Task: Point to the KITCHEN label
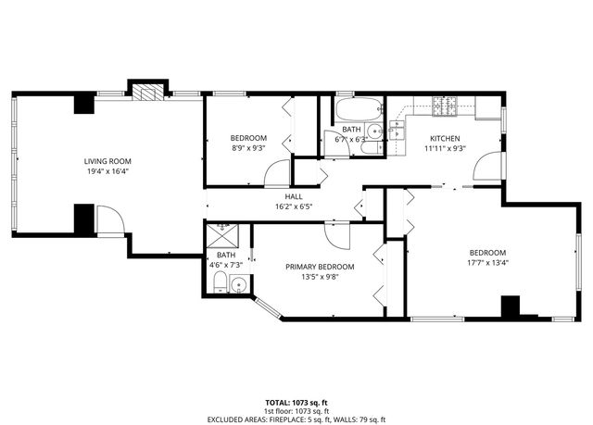444,138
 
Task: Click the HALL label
294,196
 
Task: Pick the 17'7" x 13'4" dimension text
486,262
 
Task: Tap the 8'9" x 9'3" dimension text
248,147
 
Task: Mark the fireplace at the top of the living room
145,92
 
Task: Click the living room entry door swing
109,222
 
